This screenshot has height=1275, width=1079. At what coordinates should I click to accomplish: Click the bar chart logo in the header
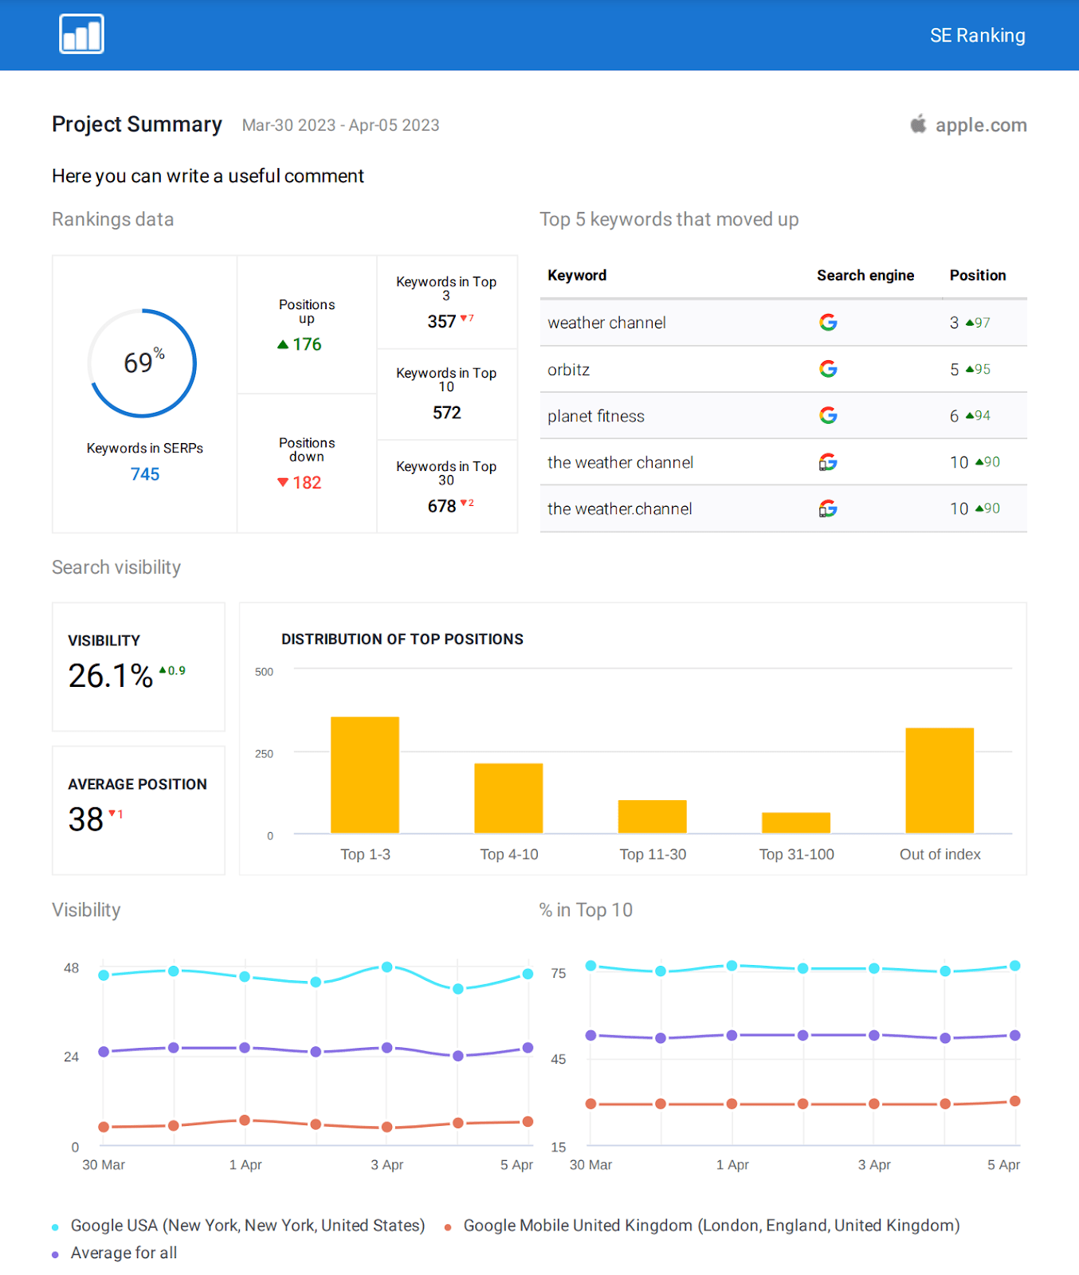pos(81,34)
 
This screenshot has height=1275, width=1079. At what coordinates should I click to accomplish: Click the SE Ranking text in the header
pos(977,36)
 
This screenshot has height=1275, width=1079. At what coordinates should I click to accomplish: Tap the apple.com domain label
pos(980,125)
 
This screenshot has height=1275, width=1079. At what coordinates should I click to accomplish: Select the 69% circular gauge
pos(143,363)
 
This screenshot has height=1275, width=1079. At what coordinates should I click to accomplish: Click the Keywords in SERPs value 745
pos(145,474)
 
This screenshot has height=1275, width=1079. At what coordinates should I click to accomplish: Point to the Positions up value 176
pos(306,344)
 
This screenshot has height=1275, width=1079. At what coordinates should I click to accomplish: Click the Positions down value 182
pos(306,483)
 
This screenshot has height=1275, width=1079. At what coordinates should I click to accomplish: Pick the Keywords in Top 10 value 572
pos(446,413)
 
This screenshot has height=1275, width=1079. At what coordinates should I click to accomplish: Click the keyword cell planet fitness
pos(596,416)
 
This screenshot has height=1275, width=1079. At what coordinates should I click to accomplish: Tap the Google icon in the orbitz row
pos(828,369)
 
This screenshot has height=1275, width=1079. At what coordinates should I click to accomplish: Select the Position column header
pos(977,275)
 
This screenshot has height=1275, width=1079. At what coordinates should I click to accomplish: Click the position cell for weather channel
pos(969,323)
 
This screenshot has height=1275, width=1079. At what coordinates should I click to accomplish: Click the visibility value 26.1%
pos(111,677)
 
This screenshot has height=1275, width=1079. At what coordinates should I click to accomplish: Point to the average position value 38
pos(86,820)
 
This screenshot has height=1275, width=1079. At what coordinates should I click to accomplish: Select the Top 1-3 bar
pos(365,775)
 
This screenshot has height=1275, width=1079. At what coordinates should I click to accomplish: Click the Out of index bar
pos(940,780)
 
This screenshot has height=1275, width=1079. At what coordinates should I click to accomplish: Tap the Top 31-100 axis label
pos(796,854)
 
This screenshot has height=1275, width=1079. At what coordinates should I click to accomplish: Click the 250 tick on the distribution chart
pos(264,754)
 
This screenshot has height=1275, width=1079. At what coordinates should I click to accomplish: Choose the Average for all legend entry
pos(124,1253)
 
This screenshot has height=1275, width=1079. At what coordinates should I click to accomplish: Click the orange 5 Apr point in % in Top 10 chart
pos(1014,1101)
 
